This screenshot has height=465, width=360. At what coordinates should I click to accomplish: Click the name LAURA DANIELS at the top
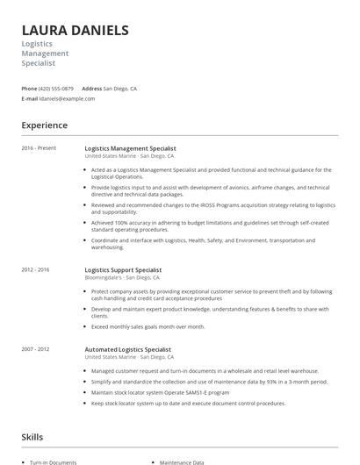75,31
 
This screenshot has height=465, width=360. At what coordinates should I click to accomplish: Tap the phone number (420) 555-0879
57,89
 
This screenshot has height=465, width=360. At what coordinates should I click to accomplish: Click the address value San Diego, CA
120,89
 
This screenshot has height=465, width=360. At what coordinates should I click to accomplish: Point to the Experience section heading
44,125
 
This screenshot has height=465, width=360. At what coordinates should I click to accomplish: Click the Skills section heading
32,436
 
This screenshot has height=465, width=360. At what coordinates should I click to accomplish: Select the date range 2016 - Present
39,148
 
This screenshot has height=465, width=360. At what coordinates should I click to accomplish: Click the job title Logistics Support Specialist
123,270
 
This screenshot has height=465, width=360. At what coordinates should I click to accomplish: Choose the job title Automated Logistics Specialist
127,350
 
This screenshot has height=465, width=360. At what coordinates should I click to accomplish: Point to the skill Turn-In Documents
53,462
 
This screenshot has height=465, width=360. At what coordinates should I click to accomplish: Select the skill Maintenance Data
182,462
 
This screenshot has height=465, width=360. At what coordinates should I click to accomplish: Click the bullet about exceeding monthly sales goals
148,326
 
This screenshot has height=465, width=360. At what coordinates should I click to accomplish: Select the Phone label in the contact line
29,89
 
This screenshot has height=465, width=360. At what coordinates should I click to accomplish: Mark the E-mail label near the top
30,98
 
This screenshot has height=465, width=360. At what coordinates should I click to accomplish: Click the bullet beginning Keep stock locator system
188,404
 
